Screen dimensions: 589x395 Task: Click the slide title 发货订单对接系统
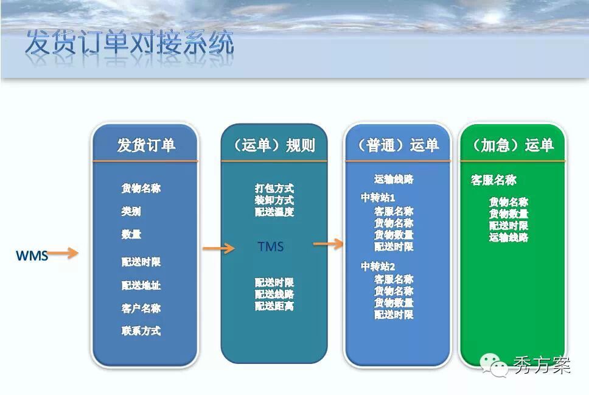[130, 42]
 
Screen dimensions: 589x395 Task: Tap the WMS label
[32, 256]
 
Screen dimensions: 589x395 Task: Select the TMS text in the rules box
[270, 246]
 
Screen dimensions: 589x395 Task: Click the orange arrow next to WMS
[63, 253]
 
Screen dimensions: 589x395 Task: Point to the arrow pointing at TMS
[218, 248]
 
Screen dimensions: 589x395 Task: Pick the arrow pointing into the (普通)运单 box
[329, 244]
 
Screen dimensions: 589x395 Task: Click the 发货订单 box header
[146, 145]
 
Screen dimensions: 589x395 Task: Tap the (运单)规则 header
[274, 145]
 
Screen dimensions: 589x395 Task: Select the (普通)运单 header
[398, 145]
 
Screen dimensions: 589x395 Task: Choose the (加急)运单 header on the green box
[513, 145]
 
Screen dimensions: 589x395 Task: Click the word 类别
[131, 211]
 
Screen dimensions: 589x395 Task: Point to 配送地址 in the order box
[141, 285]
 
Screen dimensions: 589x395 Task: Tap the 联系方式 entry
[141, 330]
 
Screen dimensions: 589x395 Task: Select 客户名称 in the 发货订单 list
[141, 308]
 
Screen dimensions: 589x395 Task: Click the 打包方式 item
[274, 188]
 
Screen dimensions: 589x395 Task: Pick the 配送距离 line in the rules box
[274, 306]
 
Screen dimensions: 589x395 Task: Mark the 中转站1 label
[377, 197]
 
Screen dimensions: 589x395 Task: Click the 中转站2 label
[377, 267]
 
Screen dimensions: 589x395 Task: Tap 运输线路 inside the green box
[509, 237]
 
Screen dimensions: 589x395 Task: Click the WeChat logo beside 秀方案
[493, 365]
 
